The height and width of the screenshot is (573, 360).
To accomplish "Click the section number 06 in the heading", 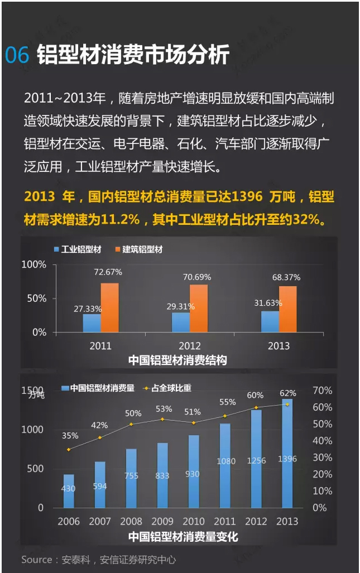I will (17, 55).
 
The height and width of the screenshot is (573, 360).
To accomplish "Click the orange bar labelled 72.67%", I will (109, 307).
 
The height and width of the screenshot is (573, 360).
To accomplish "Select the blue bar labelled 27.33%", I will (92, 322).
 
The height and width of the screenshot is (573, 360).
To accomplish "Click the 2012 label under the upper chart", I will (189, 346).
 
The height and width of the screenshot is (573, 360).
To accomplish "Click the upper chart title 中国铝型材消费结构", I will (177, 360).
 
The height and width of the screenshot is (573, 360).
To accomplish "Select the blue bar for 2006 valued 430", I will (69, 491).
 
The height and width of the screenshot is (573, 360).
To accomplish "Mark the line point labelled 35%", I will (69, 449).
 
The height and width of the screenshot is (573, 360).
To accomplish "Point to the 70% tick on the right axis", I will (322, 391).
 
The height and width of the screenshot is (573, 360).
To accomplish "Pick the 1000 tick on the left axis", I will (32, 430).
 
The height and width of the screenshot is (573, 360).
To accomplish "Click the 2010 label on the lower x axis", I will (193, 522).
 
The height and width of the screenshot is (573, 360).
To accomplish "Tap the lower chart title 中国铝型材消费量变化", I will (183, 537).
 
